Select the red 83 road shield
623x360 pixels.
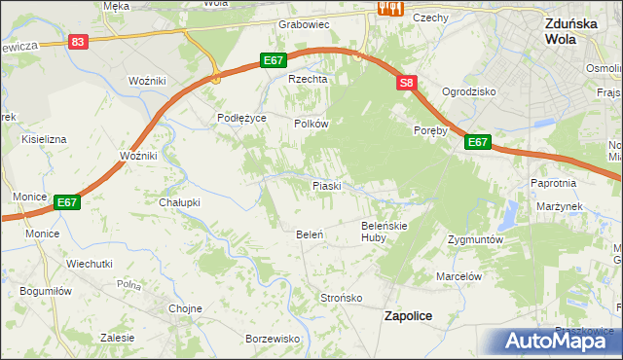pyautogui.click(x=79, y=42)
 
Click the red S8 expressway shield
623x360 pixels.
pyautogui.click(x=407, y=84)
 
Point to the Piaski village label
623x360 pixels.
pyautogui.click(x=326, y=185)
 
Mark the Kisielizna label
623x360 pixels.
pyautogui.click(x=43, y=139)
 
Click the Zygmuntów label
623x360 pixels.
pyautogui.click(x=475, y=238)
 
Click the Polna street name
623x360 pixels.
pyautogui.click(x=128, y=285)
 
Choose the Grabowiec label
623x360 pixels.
pyautogui.click(x=304, y=24)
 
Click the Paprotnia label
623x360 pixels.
pyautogui.click(x=554, y=182)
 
